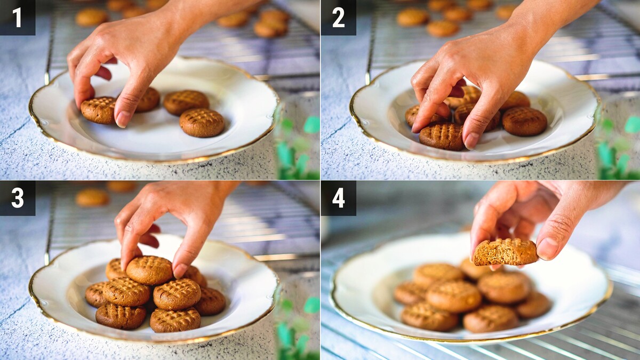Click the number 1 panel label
coord(18,18)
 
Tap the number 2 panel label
coord(339,18)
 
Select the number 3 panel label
coord(18,198)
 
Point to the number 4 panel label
coord(339,198)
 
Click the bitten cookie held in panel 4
coord(506,252)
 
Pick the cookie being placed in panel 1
coord(99,110)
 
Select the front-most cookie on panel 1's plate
coord(202,123)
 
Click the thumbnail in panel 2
coord(472,141)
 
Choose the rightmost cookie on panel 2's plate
coord(525,122)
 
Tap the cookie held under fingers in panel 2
coord(442,137)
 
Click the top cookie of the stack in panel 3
coord(149,270)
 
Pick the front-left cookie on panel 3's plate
coord(121,316)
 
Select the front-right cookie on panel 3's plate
coord(175,319)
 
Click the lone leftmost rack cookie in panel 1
coord(91,17)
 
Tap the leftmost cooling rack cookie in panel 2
coord(413,17)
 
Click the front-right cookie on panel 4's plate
coord(491,319)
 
